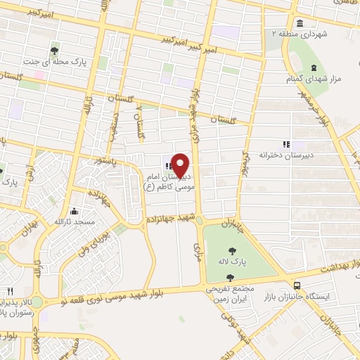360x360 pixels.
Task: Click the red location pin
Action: (x=181, y=165)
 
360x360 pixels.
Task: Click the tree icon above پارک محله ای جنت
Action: (x=55, y=50)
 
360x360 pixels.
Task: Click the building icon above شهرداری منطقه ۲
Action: (x=300, y=21)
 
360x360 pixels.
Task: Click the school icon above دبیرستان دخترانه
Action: (x=285, y=143)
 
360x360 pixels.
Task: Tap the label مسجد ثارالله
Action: (x=75, y=221)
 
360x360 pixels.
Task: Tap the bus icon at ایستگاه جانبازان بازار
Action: (x=297, y=285)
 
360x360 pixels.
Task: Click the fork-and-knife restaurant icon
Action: (x=10, y=291)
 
